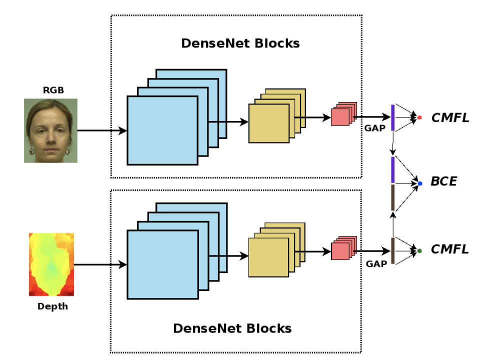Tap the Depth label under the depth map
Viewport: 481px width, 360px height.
pos(52,306)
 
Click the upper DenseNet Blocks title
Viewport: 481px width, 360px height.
pos(240,43)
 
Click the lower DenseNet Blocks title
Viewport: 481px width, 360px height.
pos(232,328)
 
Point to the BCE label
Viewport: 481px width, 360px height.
pos(443,181)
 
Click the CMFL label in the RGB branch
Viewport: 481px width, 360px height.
pos(450,118)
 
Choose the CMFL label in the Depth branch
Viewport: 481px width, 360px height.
pos(450,249)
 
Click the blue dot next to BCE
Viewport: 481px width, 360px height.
pos(420,183)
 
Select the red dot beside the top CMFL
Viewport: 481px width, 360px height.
pos(419,117)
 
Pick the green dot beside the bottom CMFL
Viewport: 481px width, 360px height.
pos(419,250)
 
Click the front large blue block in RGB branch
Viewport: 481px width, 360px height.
pos(162,130)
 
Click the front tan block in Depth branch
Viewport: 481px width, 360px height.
pos(268,257)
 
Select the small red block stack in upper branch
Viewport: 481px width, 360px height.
pos(343,115)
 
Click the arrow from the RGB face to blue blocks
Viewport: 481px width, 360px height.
pos(102,131)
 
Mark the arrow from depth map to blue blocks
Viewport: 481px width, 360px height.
pos(100,264)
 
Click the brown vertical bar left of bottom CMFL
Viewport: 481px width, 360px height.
pos(393,250)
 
